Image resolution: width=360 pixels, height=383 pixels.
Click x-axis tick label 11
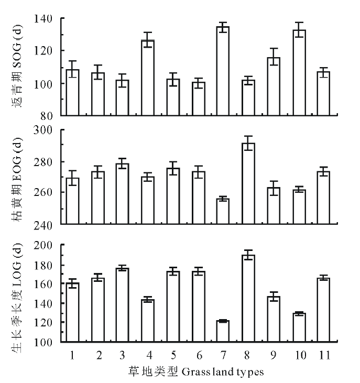[325, 355]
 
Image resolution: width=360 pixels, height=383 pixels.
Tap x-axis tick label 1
[72, 355]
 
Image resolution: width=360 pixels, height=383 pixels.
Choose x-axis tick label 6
[199, 355]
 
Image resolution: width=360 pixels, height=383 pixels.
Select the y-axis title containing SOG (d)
[18, 67]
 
